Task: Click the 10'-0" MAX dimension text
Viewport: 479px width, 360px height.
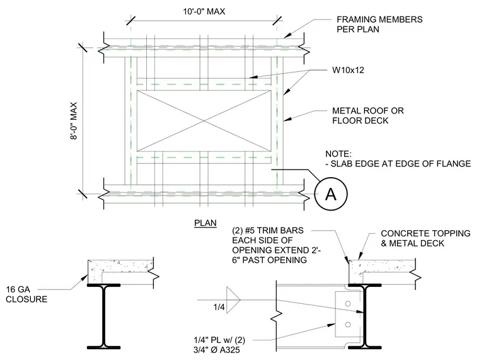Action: (204, 11)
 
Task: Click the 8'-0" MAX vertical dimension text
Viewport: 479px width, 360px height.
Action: (74, 120)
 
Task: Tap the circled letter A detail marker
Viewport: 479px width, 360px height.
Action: (331, 194)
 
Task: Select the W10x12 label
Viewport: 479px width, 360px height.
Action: (348, 70)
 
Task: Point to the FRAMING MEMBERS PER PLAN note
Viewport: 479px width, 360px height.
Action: (379, 25)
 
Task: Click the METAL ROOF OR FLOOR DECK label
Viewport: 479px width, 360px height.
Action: (368, 115)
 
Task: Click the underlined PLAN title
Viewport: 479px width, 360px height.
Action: (205, 223)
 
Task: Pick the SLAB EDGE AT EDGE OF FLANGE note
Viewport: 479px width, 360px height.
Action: (398, 164)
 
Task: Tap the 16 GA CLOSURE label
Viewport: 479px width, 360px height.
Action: (26, 294)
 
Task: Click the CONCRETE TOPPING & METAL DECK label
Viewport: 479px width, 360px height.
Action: (425, 238)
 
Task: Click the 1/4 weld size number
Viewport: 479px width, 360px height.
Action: (219, 307)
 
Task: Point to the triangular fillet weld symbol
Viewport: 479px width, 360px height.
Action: (233, 300)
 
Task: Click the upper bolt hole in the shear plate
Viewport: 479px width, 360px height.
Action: (348, 303)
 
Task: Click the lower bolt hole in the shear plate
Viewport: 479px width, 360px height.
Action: (348, 325)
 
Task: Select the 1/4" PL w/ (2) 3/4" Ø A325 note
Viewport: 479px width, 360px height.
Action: (219, 345)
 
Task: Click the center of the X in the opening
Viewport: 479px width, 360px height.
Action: (204, 121)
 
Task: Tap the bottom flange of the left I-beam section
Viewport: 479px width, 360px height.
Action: (104, 347)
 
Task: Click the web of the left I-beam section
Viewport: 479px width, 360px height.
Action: (104, 316)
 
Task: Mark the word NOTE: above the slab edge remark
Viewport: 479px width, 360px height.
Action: (338, 154)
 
